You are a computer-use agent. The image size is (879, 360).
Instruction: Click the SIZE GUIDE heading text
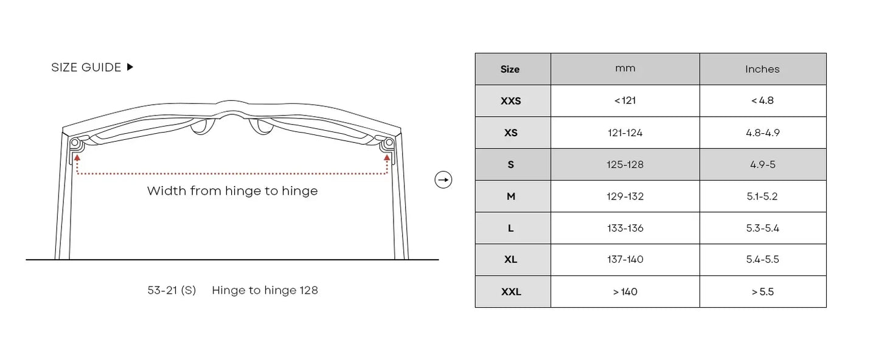click(86, 67)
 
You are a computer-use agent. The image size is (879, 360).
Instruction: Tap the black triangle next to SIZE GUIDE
click(130, 67)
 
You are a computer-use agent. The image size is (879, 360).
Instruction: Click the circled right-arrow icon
click(443, 179)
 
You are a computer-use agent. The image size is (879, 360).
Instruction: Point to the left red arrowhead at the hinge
click(77, 157)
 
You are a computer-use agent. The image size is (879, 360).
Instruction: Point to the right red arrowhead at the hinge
click(387, 157)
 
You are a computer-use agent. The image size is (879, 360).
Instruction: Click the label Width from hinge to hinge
click(232, 191)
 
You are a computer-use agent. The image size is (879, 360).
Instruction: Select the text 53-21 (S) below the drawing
click(172, 290)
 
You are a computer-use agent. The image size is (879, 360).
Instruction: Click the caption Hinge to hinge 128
click(265, 290)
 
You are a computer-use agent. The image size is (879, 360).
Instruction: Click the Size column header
click(510, 69)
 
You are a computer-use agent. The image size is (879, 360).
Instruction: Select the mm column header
click(625, 69)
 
